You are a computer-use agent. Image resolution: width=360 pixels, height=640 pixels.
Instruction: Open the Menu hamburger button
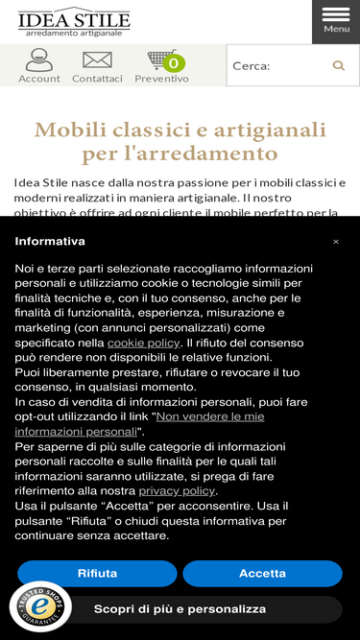pyautogui.click(x=336, y=21)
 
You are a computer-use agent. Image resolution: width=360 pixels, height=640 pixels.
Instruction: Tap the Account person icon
pyautogui.click(x=38, y=59)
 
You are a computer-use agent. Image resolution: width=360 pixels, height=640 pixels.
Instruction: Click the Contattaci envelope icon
pyautogui.click(x=97, y=59)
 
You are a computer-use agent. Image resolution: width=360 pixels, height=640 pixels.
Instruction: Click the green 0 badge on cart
pyautogui.click(x=174, y=63)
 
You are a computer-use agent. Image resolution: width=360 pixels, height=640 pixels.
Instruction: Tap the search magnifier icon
pyautogui.click(x=338, y=65)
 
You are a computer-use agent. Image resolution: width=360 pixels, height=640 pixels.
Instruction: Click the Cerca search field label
pyautogui.click(x=252, y=66)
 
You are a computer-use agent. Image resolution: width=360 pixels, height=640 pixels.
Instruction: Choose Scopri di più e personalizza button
pyautogui.click(x=180, y=609)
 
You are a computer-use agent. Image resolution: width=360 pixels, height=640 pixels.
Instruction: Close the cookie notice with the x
pyautogui.click(x=336, y=242)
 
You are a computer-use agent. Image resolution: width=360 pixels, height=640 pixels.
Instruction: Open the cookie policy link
pyautogui.click(x=143, y=343)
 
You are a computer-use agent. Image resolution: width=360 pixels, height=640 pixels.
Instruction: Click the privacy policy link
pyautogui.click(x=177, y=491)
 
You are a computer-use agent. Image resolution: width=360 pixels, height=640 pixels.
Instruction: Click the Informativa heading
pyautogui.click(x=50, y=242)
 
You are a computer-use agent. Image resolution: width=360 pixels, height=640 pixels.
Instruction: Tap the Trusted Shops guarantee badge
pyautogui.click(x=40, y=607)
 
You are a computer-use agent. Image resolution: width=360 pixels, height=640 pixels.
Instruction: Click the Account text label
pyautogui.click(x=38, y=79)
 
